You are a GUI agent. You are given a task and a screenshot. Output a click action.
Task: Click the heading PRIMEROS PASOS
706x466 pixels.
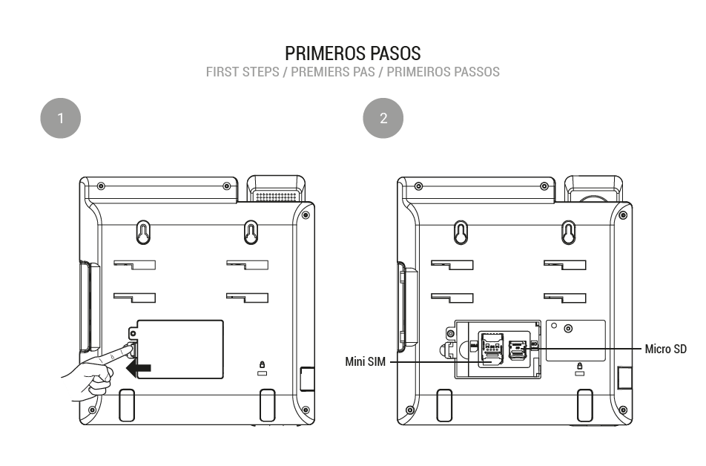click(x=353, y=53)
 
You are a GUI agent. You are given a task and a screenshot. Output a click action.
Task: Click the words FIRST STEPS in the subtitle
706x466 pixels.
click(x=243, y=72)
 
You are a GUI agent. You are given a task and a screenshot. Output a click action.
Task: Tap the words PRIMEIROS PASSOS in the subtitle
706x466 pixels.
click(x=443, y=72)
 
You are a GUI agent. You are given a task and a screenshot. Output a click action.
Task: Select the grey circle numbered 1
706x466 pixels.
click(x=60, y=118)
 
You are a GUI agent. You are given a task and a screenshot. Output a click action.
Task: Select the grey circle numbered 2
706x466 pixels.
click(x=383, y=118)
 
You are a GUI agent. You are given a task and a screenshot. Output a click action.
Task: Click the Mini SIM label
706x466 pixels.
click(x=365, y=361)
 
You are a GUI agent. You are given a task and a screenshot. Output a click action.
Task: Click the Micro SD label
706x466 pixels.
click(x=665, y=349)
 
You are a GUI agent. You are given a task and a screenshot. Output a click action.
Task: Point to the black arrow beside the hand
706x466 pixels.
click(x=139, y=368)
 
